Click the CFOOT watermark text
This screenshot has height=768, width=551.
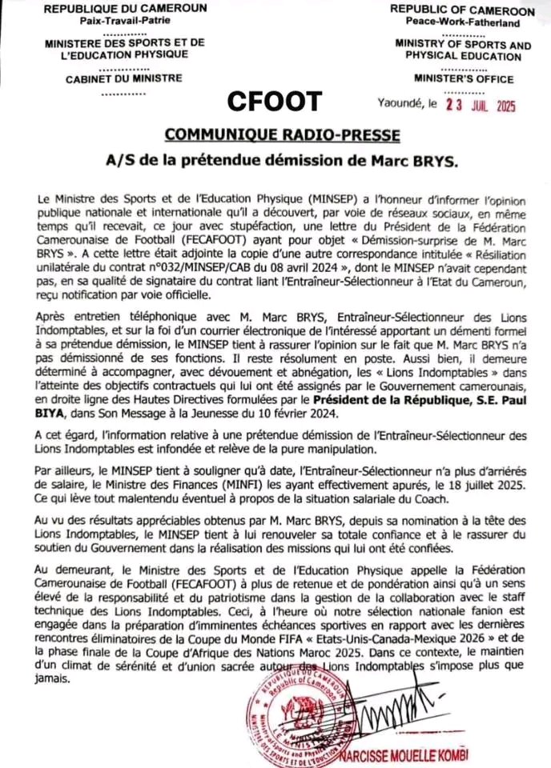coord(275,102)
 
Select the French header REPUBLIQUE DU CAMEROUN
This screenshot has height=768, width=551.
coord(124,8)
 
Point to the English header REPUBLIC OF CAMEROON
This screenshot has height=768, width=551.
coord(462,10)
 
